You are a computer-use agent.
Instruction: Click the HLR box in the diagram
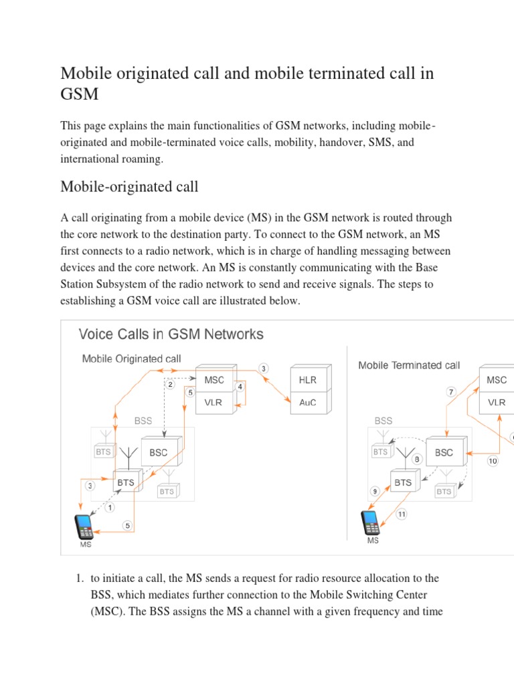coord(308,380)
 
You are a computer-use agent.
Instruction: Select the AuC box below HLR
coord(308,403)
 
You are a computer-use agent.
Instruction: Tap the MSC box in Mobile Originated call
coord(215,380)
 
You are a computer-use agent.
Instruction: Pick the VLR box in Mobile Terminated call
coord(497,403)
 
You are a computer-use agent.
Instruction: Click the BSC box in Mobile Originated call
coord(159,452)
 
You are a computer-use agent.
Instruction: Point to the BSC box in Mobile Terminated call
coord(444,452)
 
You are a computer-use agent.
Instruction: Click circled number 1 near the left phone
coord(110,507)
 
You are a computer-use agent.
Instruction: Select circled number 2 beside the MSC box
coord(171,384)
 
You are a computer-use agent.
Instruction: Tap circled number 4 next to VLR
coord(240,387)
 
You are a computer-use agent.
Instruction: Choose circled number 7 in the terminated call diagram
coord(451,391)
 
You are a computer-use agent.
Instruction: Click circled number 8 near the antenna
coord(417,460)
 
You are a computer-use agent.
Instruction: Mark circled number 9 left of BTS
coord(375,490)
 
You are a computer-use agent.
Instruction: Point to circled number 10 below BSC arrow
coord(493,461)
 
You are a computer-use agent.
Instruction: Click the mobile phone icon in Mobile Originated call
coord(86,526)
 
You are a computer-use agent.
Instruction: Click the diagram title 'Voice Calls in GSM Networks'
coord(171,334)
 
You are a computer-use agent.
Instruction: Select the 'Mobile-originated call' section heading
coord(129,186)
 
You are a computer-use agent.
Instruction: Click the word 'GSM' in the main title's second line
coord(79,94)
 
